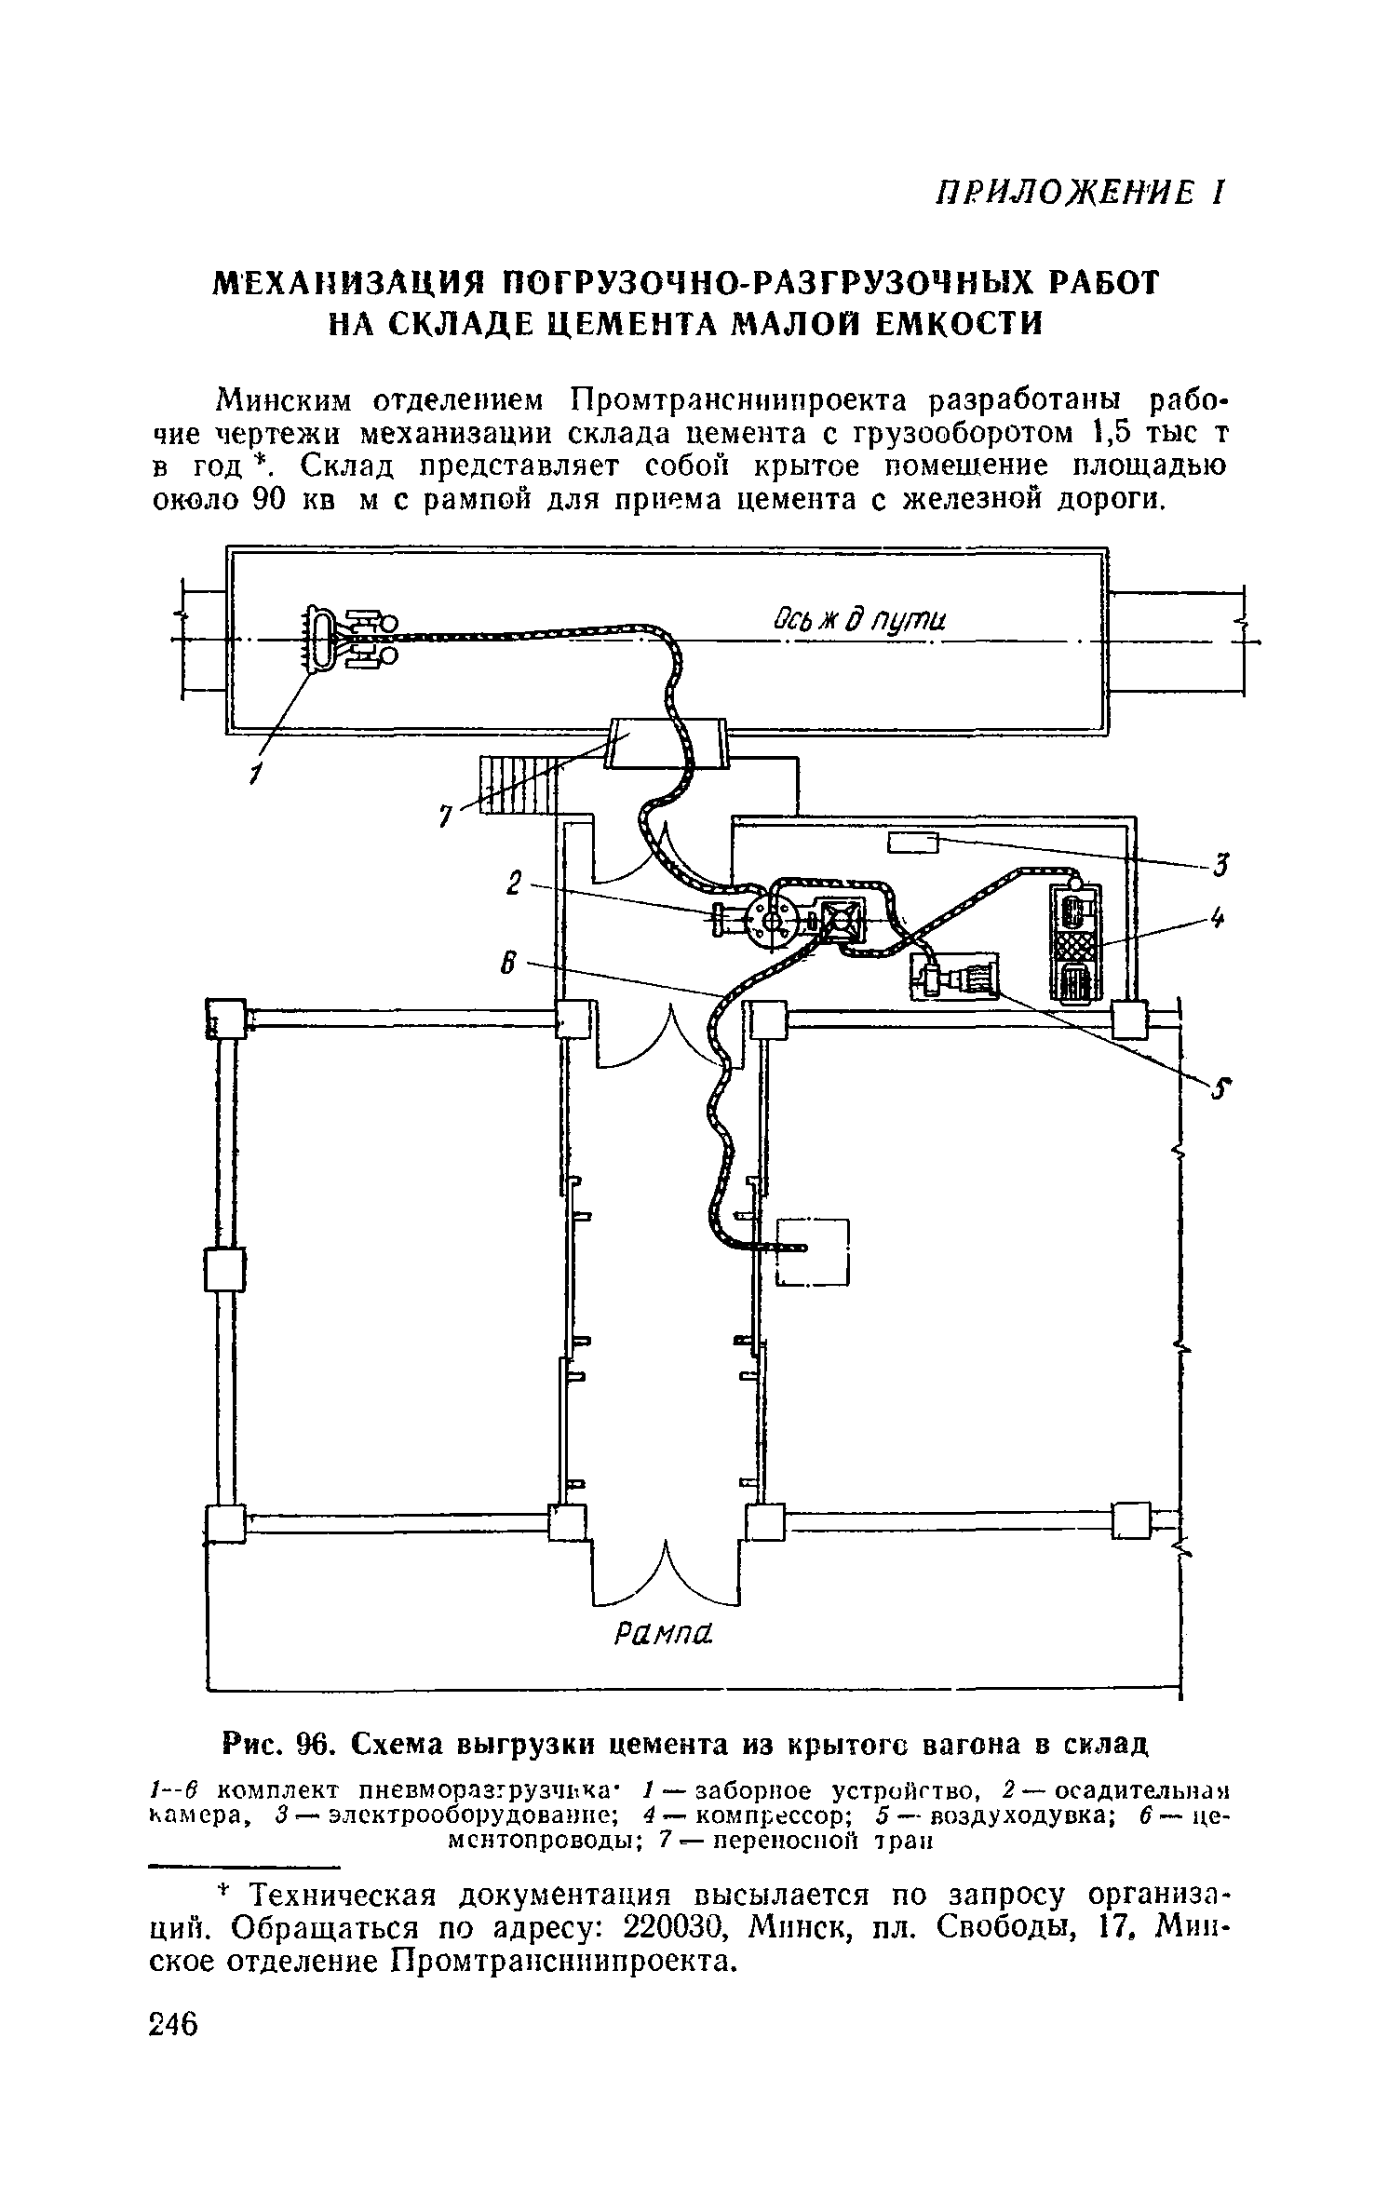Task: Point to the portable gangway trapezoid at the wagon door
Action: [667, 742]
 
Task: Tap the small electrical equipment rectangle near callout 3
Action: [912, 844]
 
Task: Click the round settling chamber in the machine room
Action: [773, 920]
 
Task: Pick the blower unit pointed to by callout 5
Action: [954, 977]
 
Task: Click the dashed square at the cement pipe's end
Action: [813, 1251]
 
